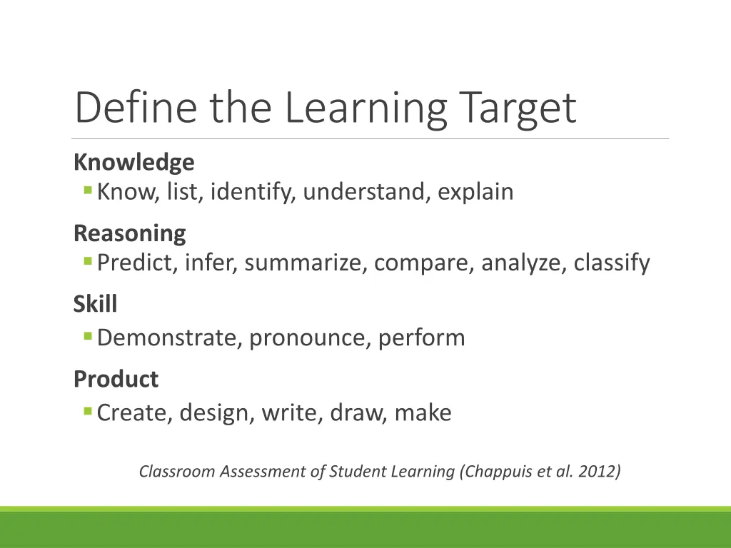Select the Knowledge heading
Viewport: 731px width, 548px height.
pos(133,163)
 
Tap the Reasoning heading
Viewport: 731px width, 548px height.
pos(129,233)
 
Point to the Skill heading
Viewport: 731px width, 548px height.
pos(95,305)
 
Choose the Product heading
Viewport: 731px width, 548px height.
pos(116,379)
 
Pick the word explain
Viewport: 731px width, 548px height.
pos(475,192)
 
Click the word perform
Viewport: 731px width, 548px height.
pos(421,338)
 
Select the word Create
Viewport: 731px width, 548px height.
pos(133,412)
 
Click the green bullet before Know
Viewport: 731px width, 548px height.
pos(88,191)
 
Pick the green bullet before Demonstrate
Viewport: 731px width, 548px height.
pos(88,336)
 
